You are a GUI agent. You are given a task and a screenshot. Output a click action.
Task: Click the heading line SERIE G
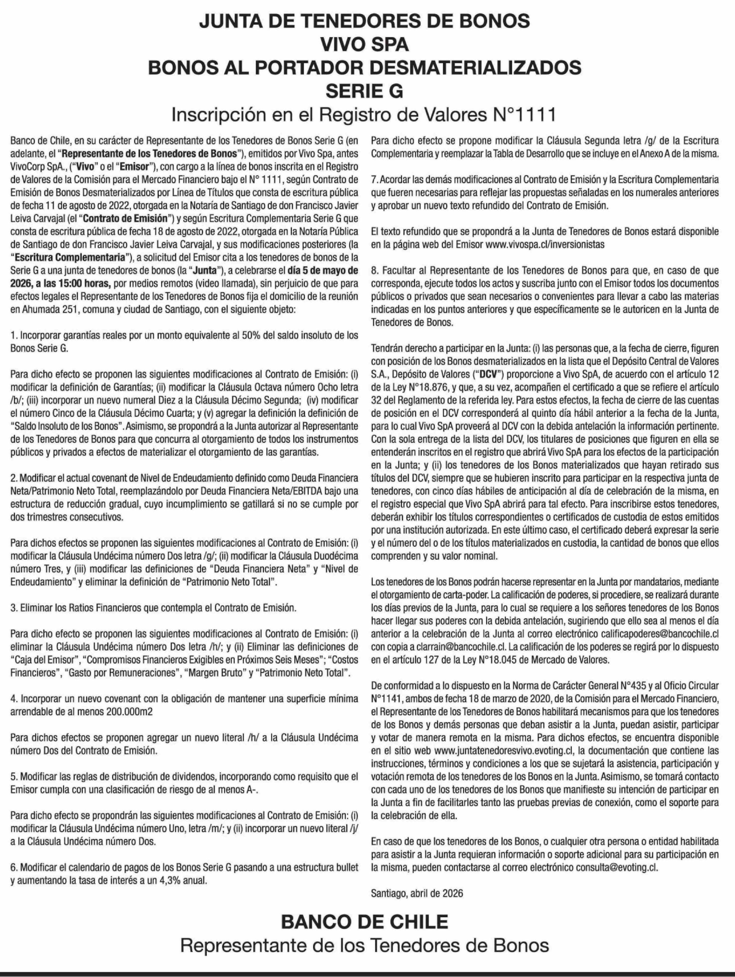364,91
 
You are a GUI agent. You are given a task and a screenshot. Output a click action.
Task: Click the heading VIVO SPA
364,45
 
